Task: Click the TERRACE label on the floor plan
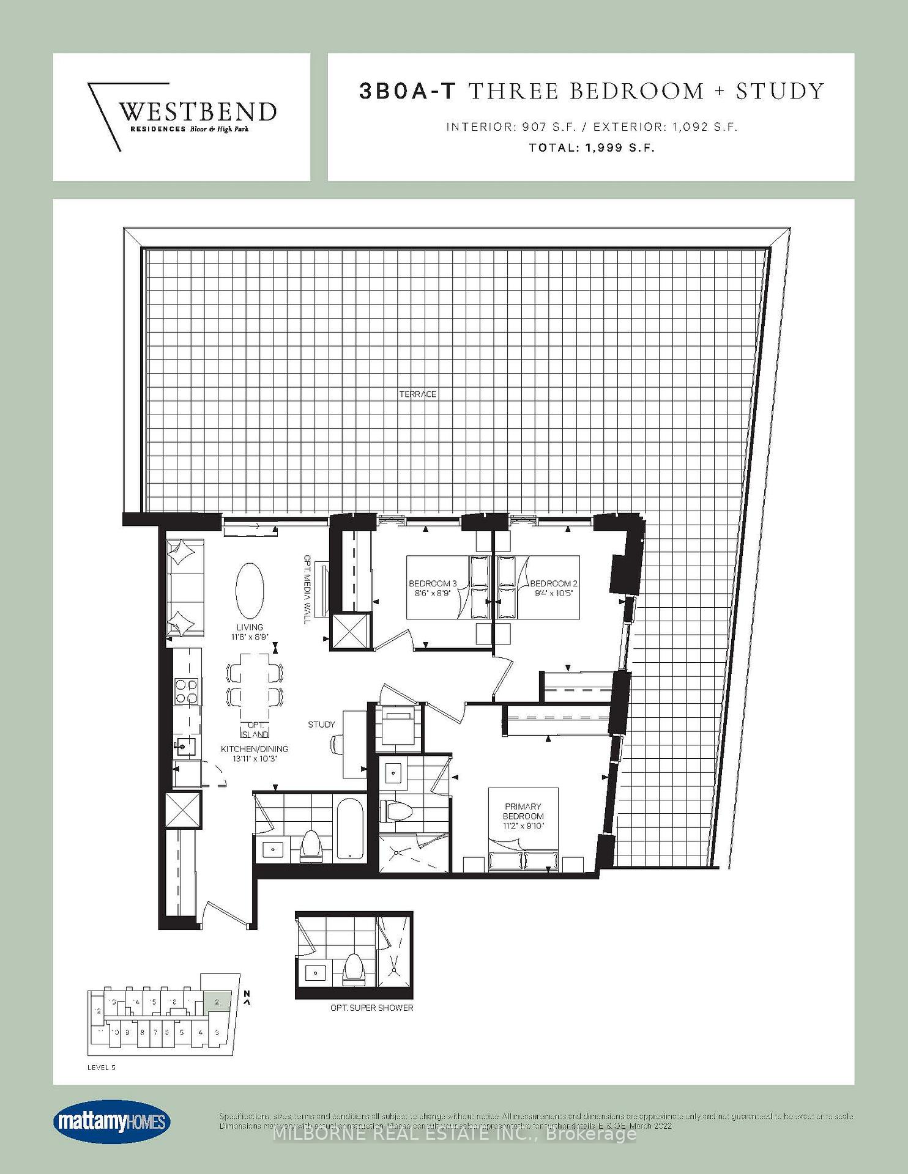pyautogui.click(x=418, y=394)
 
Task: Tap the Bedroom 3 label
pyautogui.click(x=433, y=583)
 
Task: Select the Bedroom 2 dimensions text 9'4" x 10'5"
pyautogui.click(x=553, y=593)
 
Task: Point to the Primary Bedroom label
pyautogui.click(x=523, y=811)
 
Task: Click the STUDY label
pyautogui.click(x=321, y=725)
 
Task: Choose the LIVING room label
pyautogui.click(x=250, y=627)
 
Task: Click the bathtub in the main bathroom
pyautogui.click(x=351, y=829)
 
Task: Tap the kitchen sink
pyautogui.click(x=185, y=745)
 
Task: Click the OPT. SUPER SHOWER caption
pyautogui.click(x=372, y=1008)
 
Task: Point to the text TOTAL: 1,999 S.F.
pyautogui.click(x=592, y=147)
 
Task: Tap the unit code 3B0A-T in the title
pyautogui.click(x=407, y=91)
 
